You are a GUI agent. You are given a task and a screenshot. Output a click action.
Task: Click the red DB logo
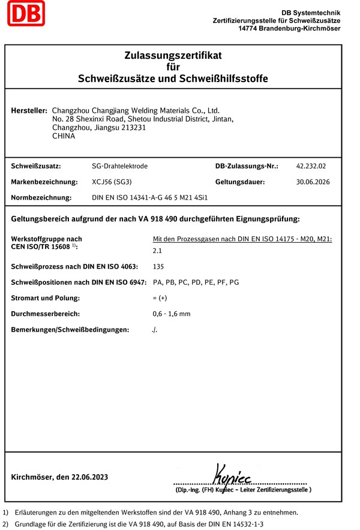point(26,13)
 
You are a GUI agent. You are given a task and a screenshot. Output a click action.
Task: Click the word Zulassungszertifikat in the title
point(173,56)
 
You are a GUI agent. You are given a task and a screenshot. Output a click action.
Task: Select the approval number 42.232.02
point(311,166)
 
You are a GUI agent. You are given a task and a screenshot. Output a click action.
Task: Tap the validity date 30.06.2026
point(313,182)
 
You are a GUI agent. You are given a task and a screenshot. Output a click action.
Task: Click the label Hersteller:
point(29,111)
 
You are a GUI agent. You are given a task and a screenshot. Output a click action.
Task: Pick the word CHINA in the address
point(64,136)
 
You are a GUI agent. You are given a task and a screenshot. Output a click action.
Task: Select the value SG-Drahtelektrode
point(119,166)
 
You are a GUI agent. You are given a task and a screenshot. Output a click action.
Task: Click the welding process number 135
point(158,267)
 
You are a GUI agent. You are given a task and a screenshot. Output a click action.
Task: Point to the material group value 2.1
point(158,251)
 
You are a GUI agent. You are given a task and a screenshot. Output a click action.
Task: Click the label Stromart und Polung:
point(46,298)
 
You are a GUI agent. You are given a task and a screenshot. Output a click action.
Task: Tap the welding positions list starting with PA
point(196,282)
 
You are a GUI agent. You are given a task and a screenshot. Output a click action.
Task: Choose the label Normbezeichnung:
point(41,197)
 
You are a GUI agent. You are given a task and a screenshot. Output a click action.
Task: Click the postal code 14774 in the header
point(249,29)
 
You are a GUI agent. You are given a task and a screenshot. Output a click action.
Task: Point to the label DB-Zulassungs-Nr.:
point(247,166)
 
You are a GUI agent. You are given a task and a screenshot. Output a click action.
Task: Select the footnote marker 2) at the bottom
point(6,523)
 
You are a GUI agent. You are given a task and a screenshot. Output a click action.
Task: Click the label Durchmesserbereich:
point(46,314)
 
